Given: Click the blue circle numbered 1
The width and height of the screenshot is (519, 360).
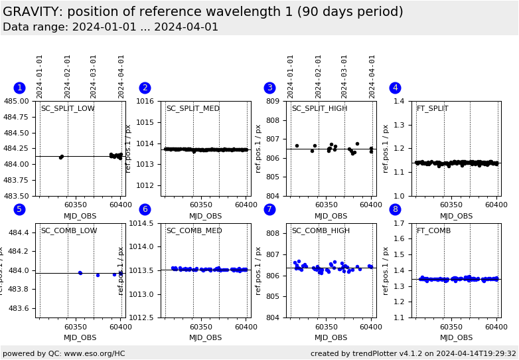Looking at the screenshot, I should tap(19, 88).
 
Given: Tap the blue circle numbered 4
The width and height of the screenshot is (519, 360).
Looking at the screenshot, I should tap(395, 88).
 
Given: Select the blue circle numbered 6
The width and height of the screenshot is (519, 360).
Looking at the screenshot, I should tap(145, 209).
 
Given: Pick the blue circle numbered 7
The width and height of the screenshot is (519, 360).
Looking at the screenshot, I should tap(269, 209).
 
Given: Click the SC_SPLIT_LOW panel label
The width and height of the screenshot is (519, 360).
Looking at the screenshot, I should tap(68, 109).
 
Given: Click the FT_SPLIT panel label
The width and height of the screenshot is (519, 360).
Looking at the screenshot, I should tap(432, 109).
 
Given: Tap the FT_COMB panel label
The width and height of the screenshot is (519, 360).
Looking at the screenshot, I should tap(433, 231).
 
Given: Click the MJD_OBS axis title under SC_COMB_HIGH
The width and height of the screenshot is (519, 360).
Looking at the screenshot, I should tap(331, 337).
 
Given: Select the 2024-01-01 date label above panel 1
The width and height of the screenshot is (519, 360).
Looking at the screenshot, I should tap(40, 76).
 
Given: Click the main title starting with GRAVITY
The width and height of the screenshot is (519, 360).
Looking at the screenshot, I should tap(202, 12).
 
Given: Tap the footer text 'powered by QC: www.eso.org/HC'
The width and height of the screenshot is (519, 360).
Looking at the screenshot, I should tap(64, 353).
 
